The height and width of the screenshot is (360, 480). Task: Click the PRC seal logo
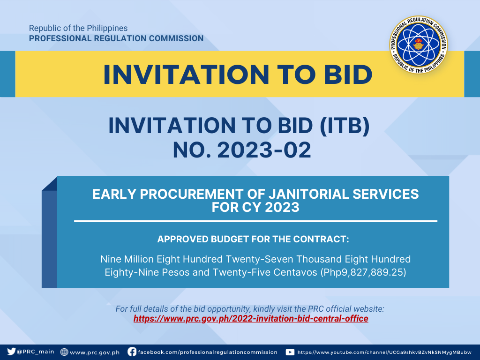(x=419, y=45)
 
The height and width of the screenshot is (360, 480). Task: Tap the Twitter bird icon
(x=11, y=352)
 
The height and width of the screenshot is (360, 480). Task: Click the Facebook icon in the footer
(x=132, y=352)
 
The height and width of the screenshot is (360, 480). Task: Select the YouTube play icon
(x=290, y=352)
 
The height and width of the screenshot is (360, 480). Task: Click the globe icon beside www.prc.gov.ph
(x=64, y=352)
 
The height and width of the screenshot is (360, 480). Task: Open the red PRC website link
(x=251, y=319)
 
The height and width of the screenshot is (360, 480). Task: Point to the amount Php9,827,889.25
(x=363, y=272)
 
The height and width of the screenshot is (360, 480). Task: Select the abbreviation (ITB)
(x=345, y=126)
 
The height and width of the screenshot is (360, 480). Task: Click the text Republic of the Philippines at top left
(x=78, y=28)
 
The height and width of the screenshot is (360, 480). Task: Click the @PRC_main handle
(x=36, y=352)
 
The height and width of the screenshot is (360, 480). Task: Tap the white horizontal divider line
(x=255, y=221)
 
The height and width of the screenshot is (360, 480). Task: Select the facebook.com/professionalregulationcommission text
(x=208, y=352)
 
